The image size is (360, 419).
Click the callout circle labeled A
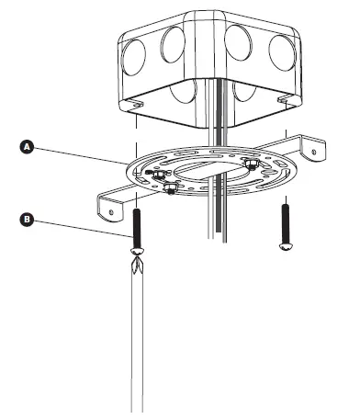pos(28,146)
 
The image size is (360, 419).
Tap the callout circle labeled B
pos(28,219)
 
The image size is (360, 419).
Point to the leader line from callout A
pos(83,153)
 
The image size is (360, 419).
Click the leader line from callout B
pos(83,228)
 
